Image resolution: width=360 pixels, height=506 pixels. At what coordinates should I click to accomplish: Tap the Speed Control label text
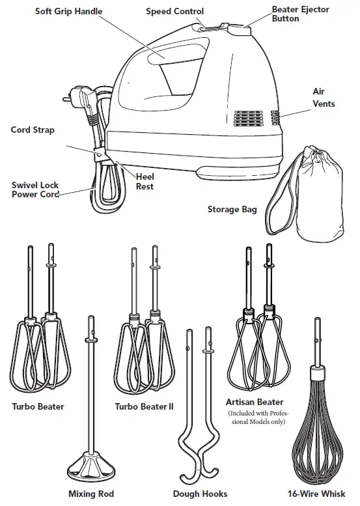point(174,12)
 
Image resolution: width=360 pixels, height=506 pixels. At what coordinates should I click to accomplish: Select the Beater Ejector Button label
point(300,14)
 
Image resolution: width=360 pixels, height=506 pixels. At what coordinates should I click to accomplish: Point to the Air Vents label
point(323,98)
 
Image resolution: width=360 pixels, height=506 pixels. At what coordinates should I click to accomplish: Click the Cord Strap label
point(33,130)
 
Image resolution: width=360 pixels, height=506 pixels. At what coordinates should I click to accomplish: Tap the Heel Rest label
point(145,180)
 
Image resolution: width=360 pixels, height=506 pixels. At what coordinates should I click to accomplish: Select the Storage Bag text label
point(232,210)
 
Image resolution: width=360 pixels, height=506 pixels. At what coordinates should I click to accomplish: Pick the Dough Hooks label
point(200,494)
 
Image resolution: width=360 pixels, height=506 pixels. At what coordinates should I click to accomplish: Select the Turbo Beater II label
point(144,406)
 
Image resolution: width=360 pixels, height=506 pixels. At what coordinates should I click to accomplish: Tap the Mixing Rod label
point(91,494)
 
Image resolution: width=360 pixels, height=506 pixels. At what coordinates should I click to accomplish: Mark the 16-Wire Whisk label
point(318,494)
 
